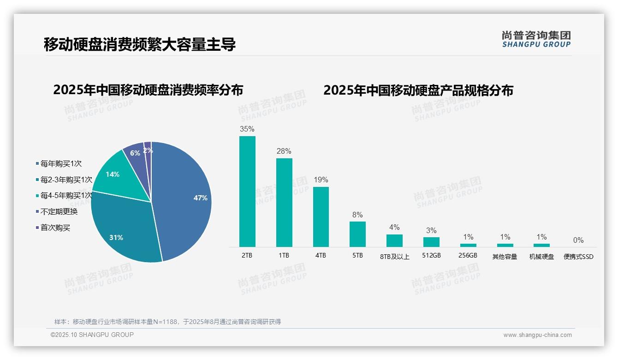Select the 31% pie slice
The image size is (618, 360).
(x=125, y=231)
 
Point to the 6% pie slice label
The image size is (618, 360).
(x=135, y=153)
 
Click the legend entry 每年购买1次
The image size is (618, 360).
(x=61, y=163)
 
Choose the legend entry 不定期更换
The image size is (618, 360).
(x=59, y=212)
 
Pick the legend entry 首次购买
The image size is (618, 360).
(x=55, y=228)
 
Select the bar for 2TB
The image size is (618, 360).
(x=247, y=192)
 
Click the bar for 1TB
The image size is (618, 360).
(x=284, y=203)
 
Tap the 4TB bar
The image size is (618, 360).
(x=321, y=217)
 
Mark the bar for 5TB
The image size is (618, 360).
(x=357, y=234)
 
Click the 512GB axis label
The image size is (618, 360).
(x=431, y=255)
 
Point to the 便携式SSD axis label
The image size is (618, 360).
(x=578, y=257)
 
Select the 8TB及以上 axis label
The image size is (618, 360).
(x=394, y=257)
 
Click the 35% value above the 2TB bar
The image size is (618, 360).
(x=247, y=129)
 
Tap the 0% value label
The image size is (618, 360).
(x=578, y=240)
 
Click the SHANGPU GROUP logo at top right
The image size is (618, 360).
(x=536, y=39)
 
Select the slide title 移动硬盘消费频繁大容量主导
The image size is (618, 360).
(x=140, y=44)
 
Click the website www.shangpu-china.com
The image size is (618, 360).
(x=537, y=335)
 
